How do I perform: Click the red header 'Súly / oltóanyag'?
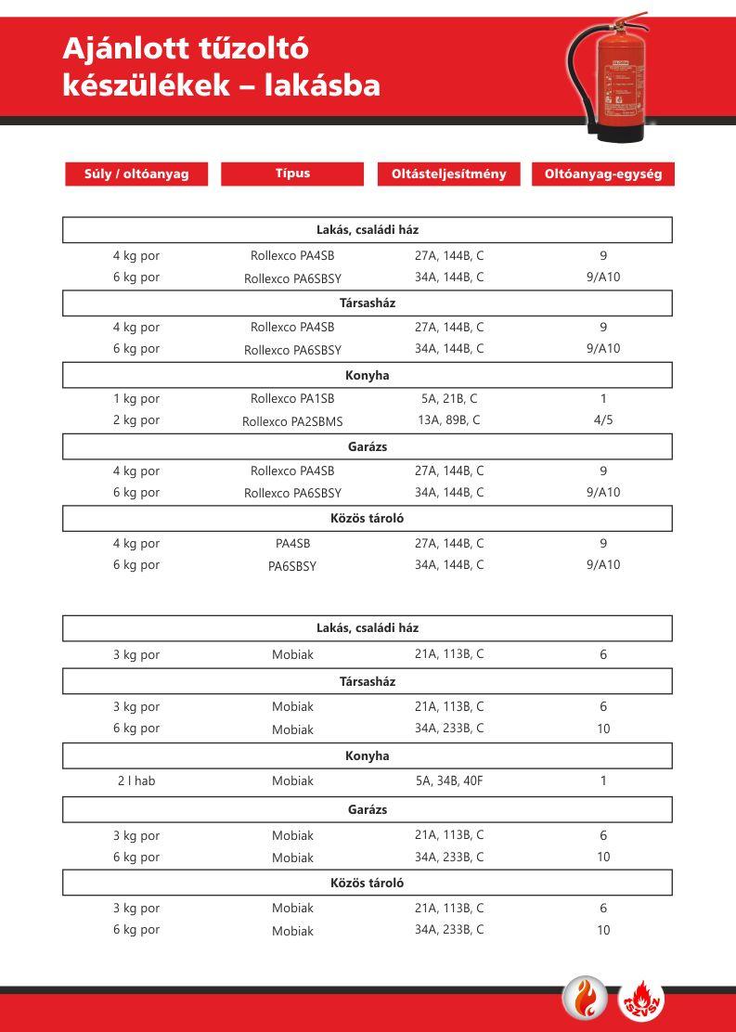136,174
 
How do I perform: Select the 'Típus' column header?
292,174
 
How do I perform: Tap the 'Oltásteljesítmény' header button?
448,174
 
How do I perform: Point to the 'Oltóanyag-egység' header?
603,174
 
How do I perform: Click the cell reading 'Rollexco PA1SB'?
292,399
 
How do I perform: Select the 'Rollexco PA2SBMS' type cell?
292,421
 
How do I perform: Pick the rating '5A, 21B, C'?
449,399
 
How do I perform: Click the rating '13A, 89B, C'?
449,420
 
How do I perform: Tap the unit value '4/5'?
603,420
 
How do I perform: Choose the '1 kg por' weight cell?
136,399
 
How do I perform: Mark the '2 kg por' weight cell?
136,420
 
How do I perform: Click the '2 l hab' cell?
136,781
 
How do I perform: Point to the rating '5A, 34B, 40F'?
449,781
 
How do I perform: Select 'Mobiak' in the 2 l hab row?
292,781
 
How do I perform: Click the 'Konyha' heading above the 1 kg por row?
368,376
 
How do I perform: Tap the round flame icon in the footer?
586,1000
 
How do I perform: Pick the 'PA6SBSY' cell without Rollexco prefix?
292,566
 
